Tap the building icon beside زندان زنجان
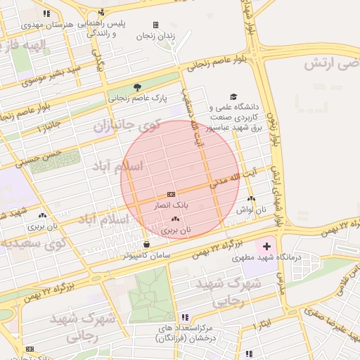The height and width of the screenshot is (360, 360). [x=155, y=25]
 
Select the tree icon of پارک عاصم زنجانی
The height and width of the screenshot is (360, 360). [x=137, y=87]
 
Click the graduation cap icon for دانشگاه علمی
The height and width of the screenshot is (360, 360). [x=233, y=97]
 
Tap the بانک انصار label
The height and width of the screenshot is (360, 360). [x=171, y=205]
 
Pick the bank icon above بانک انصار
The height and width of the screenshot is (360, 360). [x=171, y=194]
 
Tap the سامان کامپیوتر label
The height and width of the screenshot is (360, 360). [x=147, y=255]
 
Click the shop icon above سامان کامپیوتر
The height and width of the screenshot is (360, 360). [x=146, y=244]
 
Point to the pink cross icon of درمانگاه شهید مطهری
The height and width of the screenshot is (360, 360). [x=266, y=247]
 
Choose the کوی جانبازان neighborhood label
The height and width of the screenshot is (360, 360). [x=127, y=127]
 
